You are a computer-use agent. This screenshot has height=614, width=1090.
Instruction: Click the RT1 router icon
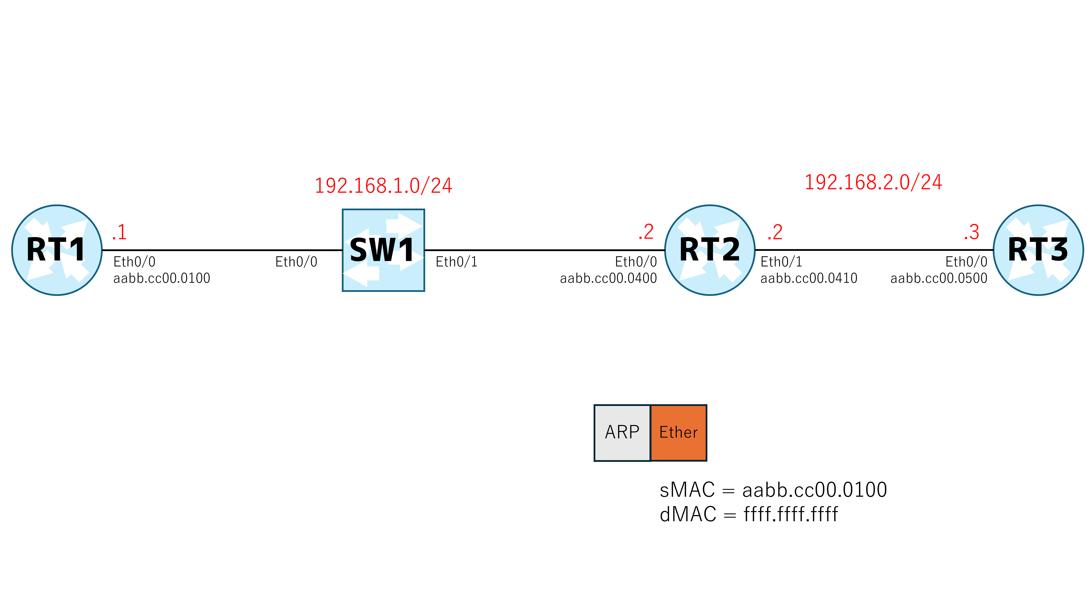click(57, 250)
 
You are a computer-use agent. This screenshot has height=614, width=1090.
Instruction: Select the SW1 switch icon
click(383, 250)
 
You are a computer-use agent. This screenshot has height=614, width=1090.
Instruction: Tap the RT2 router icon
click(710, 250)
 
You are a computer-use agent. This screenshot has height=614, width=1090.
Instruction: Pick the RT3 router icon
click(1038, 250)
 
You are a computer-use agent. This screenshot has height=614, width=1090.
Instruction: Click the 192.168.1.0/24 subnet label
click(383, 186)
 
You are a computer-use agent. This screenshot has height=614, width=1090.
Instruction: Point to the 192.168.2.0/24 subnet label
click(873, 182)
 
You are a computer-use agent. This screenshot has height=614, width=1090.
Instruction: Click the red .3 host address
click(972, 232)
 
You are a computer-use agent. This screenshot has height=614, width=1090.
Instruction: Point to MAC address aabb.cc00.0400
click(608, 279)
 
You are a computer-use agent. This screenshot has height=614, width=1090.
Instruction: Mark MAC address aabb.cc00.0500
click(939, 279)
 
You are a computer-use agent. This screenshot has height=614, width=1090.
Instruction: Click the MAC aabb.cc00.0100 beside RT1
click(162, 279)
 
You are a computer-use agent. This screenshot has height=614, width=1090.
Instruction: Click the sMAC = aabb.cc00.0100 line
click(773, 490)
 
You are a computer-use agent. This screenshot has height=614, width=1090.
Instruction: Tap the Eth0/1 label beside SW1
click(457, 262)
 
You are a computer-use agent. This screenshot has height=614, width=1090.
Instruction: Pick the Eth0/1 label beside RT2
click(781, 262)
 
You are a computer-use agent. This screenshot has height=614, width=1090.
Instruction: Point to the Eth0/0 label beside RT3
click(966, 262)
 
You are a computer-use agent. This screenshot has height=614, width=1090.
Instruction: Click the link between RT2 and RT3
click(874, 250)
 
